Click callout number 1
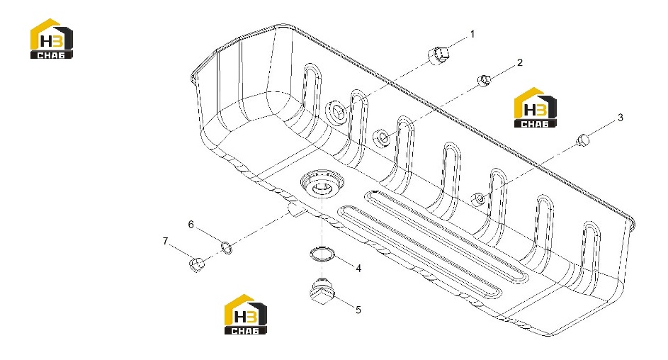(x=472, y=34)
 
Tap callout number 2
(x=520, y=62)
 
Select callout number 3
(x=621, y=117)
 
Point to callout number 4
(x=358, y=269)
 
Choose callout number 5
(x=358, y=310)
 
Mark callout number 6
(x=191, y=225)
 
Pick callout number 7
(x=165, y=242)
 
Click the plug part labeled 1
(x=438, y=55)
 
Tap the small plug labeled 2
(x=484, y=79)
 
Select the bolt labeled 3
(x=583, y=140)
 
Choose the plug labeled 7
(x=196, y=264)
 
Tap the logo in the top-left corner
(x=52, y=38)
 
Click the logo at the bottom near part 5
(x=245, y=315)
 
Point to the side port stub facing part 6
(x=295, y=209)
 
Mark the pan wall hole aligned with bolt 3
(x=478, y=199)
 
